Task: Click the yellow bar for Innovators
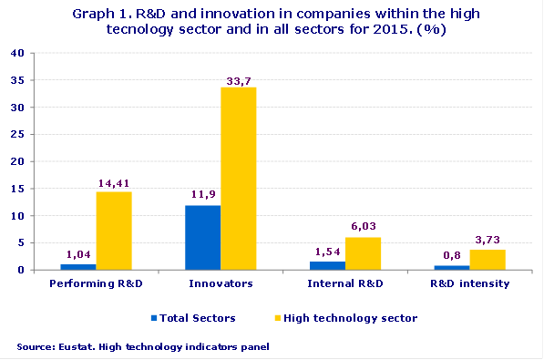238,179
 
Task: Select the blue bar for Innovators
202,238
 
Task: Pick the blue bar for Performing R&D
78,267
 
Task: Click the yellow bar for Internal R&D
363,253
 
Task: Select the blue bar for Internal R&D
327,266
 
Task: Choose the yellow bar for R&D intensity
488,260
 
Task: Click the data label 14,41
115,184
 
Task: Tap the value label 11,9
201,197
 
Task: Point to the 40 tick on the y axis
17,53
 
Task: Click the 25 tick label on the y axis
17,135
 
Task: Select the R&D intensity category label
470,284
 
